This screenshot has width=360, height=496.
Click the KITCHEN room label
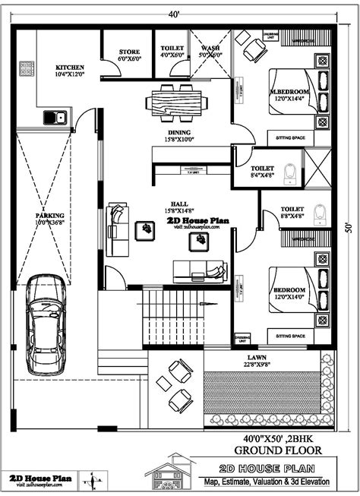click(x=69, y=68)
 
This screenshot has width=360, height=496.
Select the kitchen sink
click(x=55, y=116)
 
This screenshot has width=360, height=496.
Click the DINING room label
click(x=179, y=131)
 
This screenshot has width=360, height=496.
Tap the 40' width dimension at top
click(x=175, y=14)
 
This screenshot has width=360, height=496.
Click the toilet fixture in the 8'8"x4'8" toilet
click(x=320, y=212)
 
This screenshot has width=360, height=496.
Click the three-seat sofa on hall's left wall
click(x=116, y=221)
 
